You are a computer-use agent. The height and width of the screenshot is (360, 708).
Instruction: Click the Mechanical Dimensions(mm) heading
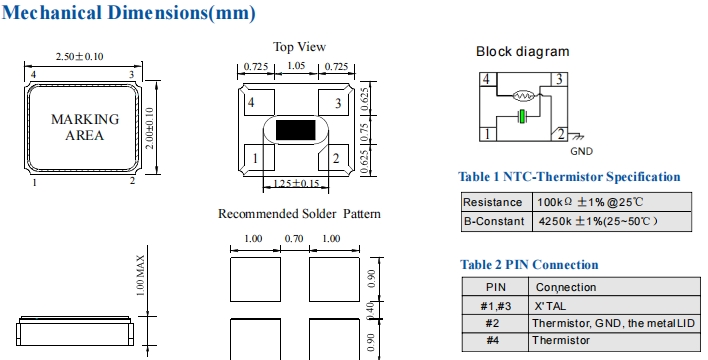(x=129, y=13)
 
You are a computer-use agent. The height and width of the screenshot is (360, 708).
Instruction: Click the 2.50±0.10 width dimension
(x=79, y=56)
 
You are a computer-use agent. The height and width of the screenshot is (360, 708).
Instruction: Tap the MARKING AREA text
(x=85, y=127)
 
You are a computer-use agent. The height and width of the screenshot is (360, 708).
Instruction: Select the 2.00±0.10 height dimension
(x=150, y=128)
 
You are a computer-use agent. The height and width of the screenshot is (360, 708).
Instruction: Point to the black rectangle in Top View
(x=295, y=130)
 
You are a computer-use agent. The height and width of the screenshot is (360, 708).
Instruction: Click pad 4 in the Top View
(x=259, y=102)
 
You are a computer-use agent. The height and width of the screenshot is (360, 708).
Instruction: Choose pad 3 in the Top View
(x=334, y=102)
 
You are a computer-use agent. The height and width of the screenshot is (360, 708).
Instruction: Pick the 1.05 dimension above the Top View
(x=296, y=65)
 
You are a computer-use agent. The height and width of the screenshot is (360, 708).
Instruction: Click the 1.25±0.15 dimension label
(x=296, y=183)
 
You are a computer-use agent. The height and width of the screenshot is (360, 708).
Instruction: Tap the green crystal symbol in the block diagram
(x=522, y=117)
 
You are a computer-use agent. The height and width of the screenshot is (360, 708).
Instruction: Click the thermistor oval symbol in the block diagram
(x=524, y=96)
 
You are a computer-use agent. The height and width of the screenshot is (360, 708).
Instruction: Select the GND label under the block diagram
(x=581, y=151)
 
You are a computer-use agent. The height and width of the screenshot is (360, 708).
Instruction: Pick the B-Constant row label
(x=494, y=221)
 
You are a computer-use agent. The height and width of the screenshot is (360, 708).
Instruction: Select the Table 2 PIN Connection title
(x=529, y=264)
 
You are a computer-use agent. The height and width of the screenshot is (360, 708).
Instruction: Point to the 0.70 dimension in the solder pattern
(x=294, y=238)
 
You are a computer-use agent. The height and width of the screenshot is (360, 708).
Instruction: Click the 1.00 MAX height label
(x=140, y=276)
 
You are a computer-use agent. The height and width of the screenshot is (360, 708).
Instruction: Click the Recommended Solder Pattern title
(x=299, y=214)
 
